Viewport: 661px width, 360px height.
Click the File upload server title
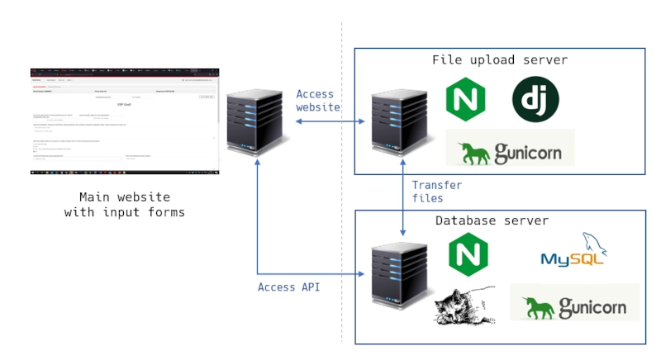(x=499, y=60)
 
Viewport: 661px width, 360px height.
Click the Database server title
(x=492, y=220)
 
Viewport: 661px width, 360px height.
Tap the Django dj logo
(x=535, y=99)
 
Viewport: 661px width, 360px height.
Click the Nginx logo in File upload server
(x=465, y=100)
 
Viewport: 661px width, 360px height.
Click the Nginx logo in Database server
(x=468, y=254)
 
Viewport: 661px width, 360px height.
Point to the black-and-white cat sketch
(x=464, y=305)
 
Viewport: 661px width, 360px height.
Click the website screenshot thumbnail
(x=125, y=121)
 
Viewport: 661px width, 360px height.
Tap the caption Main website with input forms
(x=124, y=205)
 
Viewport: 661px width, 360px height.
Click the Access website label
(x=318, y=101)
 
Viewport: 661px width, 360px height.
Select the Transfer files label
(x=436, y=192)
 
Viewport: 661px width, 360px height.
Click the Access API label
(x=288, y=287)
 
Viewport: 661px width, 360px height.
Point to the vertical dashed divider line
(x=342, y=206)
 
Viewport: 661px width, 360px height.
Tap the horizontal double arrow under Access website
(x=330, y=121)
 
